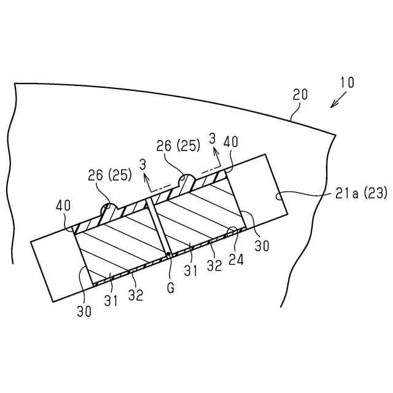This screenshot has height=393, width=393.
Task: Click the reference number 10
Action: [346, 82]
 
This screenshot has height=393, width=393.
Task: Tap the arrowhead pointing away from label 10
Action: [332, 106]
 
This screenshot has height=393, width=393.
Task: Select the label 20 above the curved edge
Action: [300, 95]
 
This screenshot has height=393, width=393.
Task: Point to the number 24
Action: [236, 260]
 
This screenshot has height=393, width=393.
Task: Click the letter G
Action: [170, 286]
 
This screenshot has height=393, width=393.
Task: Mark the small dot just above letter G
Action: [168, 254]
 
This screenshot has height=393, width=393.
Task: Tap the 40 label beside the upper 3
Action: [231, 142]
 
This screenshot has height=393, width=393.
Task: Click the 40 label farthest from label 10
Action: [63, 203]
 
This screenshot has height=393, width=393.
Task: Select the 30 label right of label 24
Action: [262, 246]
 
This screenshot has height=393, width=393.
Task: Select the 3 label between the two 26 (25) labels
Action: [142, 164]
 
